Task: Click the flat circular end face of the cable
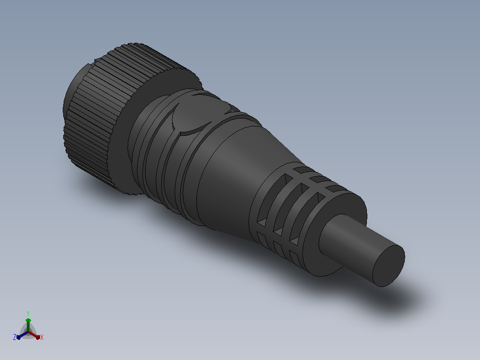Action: (389, 266)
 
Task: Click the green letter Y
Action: (28, 313)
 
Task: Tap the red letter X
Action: (42, 337)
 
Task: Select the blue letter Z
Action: (15, 337)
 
